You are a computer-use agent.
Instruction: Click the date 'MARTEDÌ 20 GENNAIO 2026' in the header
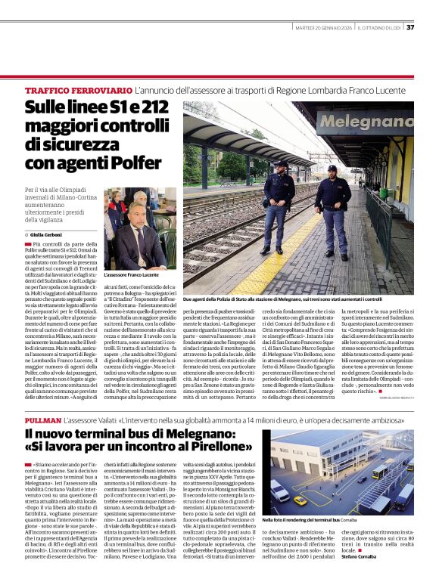click(322, 28)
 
